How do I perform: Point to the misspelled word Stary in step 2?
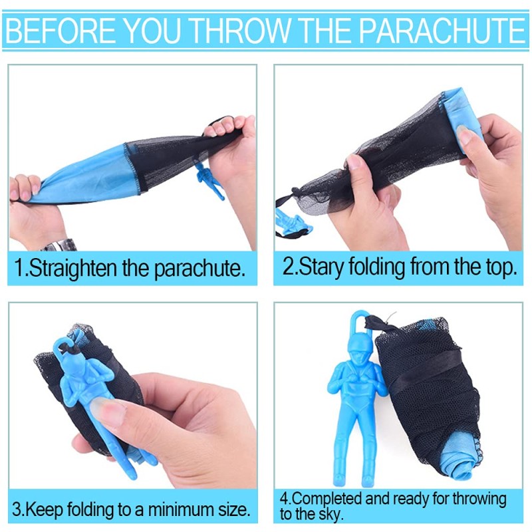pyautogui.click(x=323, y=267)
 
